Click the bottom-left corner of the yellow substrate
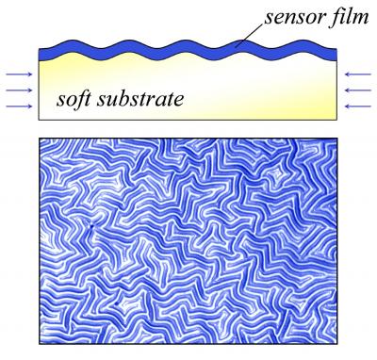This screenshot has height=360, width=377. pos(39,121)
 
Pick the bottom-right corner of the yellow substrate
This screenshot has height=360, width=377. pos(337,121)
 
